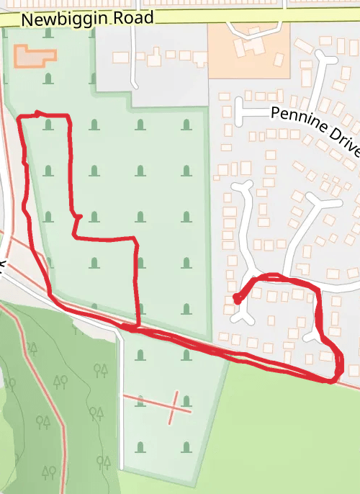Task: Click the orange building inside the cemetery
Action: [35, 56]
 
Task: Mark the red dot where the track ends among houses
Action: [237, 300]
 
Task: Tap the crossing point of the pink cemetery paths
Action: [174, 406]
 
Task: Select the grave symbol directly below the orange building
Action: [48, 78]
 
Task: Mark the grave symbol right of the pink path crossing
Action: [186, 400]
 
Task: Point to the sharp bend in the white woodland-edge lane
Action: [115, 330]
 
